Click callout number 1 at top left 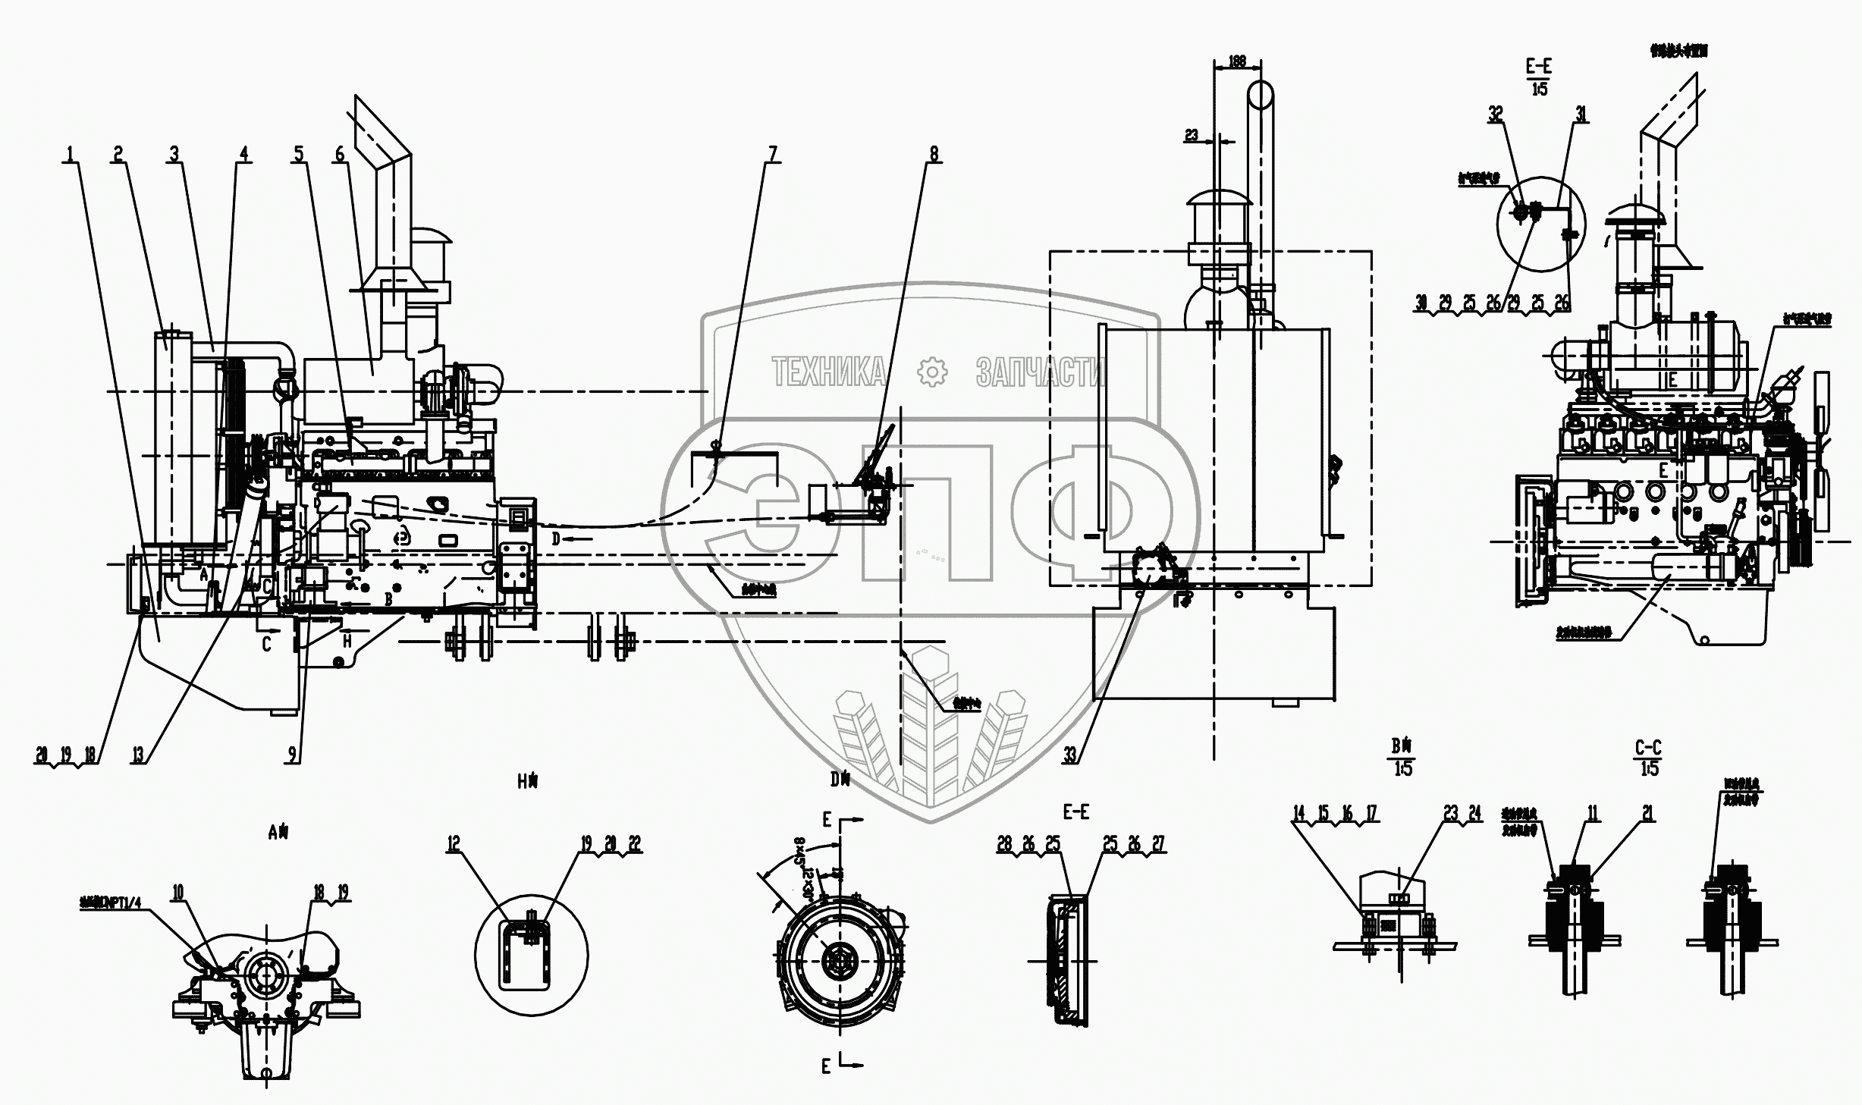70,154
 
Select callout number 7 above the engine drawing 772,154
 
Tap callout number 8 934,154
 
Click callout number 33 1070,755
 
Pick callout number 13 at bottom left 138,755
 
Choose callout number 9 292,755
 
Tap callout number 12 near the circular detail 454,844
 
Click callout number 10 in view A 177,893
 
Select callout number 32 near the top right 1495,114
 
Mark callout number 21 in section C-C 1647,814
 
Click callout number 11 1592,814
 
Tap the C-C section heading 1648,748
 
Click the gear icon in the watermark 932,372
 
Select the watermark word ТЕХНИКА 828,372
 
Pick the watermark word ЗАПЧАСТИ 1040,372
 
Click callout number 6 339,154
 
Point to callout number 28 1004,844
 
